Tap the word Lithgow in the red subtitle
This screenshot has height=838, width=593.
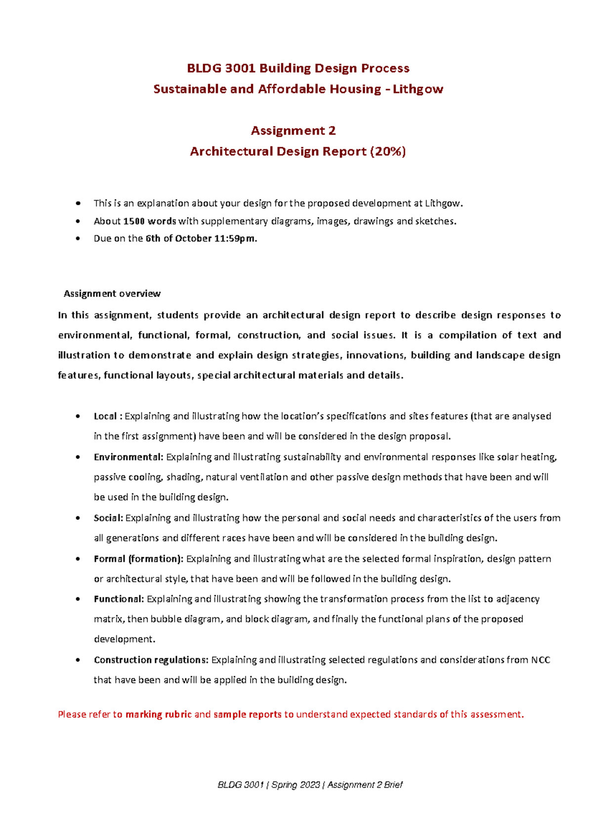418,89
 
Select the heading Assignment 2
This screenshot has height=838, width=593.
293,130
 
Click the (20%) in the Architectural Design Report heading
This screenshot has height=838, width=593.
388,151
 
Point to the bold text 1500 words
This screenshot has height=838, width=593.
150,221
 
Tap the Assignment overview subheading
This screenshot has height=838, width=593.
112,293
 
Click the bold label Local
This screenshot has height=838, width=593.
105,416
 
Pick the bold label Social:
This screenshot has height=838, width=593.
108,518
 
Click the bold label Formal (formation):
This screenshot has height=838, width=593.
138,559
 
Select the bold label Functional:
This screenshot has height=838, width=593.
119,599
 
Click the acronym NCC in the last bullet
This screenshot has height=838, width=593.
541,660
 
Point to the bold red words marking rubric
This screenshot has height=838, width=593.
159,714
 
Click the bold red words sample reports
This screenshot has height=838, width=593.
248,714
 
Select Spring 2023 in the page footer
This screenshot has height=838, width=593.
296,785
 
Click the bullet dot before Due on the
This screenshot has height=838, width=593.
78,238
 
